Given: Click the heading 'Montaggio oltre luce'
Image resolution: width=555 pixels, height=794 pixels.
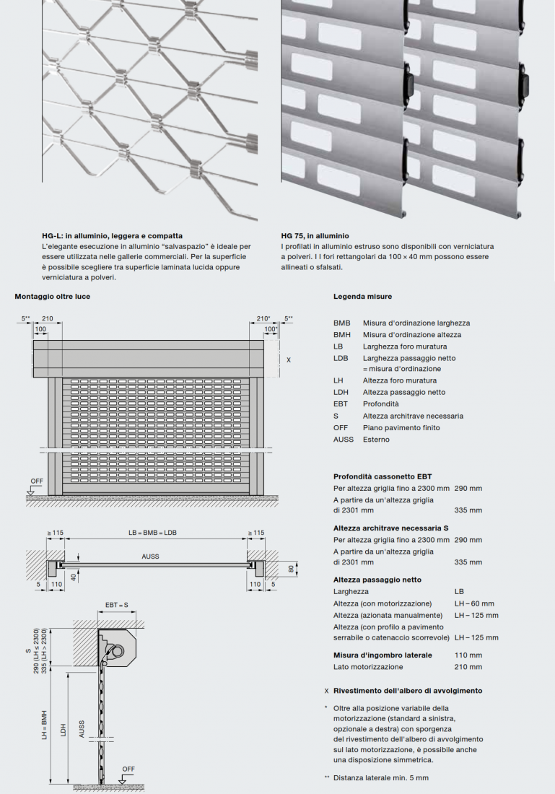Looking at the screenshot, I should pyautogui.click(x=53, y=296).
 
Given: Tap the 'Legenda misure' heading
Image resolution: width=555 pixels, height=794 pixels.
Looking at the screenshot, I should pyautogui.click(x=362, y=296).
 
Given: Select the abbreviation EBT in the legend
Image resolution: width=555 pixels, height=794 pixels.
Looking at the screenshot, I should pyautogui.click(x=341, y=404).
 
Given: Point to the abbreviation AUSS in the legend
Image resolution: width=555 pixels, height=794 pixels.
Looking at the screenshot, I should pyautogui.click(x=344, y=440).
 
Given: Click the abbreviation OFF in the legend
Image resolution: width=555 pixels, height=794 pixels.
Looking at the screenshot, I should pyautogui.click(x=341, y=427).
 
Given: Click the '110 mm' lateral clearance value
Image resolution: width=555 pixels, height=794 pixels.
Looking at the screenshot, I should pyautogui.click(x=468, y=655).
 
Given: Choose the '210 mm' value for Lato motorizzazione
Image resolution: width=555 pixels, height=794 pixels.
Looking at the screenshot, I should pyautogui.click(x=468, y=667).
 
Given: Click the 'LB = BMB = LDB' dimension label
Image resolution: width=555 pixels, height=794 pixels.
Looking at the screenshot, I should pyautogui.click(x=152, y=533).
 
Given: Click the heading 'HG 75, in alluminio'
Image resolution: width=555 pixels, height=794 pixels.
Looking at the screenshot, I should pyautogui.click(x=315, y=235).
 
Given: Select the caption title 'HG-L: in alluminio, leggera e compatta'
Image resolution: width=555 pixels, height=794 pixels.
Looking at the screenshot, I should pyautogui.click(x=112, y=235).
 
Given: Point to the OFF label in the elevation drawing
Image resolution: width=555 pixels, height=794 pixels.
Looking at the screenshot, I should pyautogui.click(x=36, y=480).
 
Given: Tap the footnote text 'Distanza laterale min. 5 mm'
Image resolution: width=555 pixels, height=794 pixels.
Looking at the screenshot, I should pyautogui.click(x=380, y=777).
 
